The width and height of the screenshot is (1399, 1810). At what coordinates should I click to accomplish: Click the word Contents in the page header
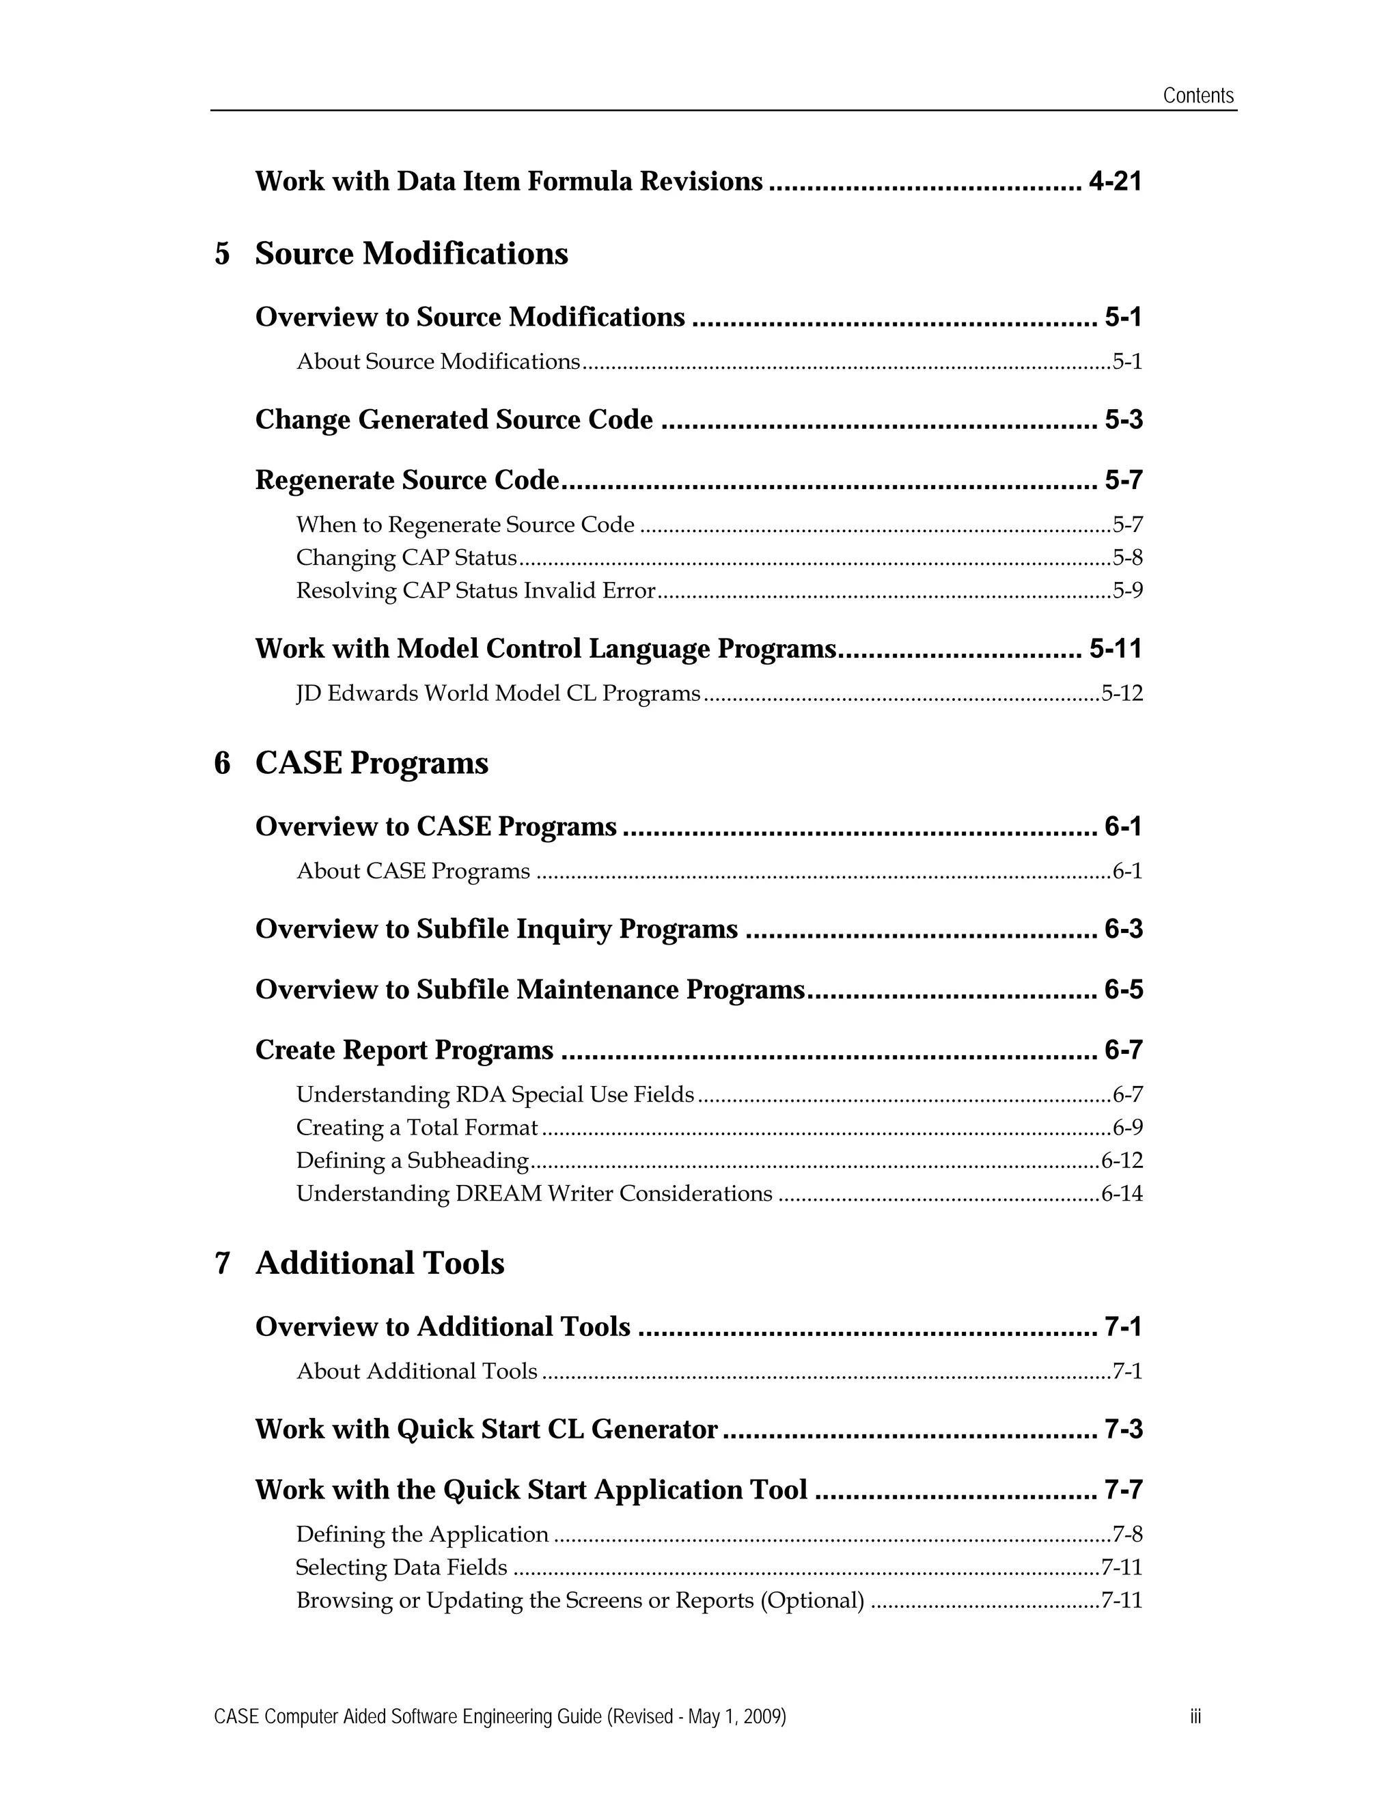point(1197,96)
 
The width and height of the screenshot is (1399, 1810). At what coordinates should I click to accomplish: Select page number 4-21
point(1115,182)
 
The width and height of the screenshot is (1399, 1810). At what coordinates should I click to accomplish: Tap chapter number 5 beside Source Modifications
point(222,253)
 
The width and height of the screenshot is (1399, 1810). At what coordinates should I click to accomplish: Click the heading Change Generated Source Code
point(454,420)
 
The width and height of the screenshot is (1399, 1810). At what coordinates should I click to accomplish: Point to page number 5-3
point(1123,420)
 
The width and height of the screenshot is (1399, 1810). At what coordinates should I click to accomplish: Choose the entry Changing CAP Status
point(406,558)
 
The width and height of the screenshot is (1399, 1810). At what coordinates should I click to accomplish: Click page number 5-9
point(1127,591)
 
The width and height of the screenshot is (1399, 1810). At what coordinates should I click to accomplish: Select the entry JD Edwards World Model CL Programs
point(498,694)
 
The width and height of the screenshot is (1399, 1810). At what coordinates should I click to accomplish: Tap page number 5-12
point(1122,694)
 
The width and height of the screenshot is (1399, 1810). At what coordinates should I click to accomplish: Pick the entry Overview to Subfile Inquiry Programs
point(496,929)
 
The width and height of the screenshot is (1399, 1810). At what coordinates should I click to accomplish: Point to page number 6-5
point(1123,990)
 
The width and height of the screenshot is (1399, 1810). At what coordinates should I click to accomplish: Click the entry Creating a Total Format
point(417,1128)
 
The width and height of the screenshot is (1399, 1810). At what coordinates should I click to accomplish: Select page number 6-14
point(1122,1194)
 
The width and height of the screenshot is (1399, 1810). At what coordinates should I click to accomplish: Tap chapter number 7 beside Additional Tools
point(222,1264)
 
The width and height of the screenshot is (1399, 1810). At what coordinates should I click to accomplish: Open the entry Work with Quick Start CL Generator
point(486,1430)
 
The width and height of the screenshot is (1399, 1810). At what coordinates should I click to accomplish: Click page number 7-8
point(1127,1535)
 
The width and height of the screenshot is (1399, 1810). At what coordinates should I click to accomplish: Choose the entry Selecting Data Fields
point(401,1568)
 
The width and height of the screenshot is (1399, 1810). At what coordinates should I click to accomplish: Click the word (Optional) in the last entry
point(812,1600)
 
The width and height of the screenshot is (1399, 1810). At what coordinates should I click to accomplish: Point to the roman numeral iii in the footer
point(1195,1716)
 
